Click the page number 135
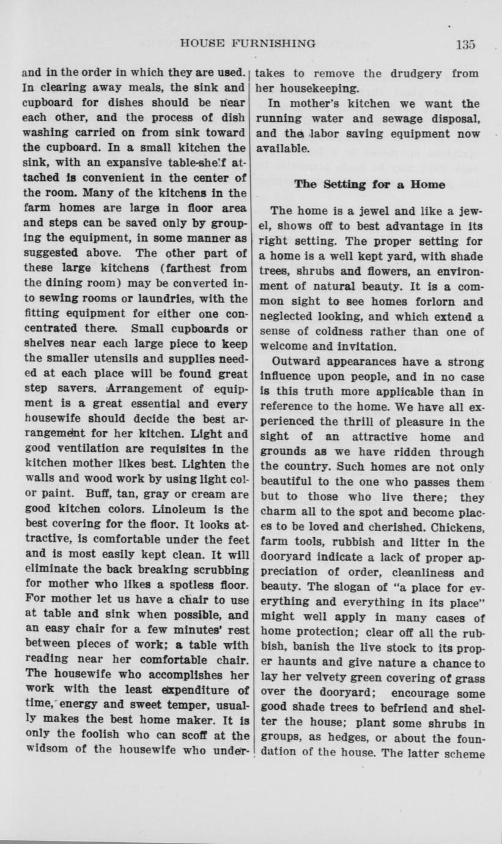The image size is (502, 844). (465, 44)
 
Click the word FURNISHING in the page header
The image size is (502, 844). (278, 43)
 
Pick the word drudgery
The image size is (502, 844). (412, 73)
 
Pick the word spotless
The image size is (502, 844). (188, 584)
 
